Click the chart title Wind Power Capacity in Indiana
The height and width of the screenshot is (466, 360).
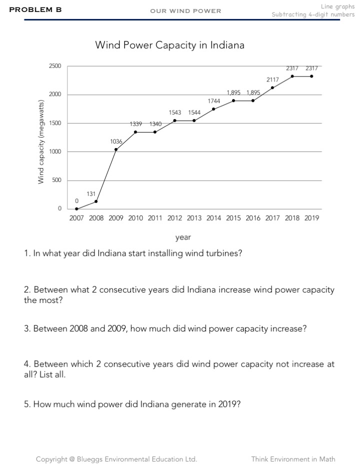coord(170,45)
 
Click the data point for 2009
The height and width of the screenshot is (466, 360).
coord(115,149)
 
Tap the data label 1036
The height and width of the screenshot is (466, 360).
coord(116,142)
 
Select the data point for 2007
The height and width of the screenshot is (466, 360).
coord(76,208)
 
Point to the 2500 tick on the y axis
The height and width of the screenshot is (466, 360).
coord(55,66)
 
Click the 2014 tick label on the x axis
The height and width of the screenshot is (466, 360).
coord(213,218)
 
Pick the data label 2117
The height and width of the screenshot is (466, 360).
coord(272,80)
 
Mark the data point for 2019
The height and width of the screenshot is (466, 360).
coord(311,76)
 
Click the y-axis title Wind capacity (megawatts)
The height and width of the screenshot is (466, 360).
coord(41,141)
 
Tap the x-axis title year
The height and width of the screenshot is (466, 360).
coord(183,237)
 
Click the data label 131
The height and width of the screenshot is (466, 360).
coord(91,193)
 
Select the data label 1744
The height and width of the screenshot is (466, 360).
coord(214,101)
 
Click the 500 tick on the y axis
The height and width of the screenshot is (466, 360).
coord(56,180)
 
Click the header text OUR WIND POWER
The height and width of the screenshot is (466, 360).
coord(185,11)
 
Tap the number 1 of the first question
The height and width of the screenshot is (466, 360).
coord(26,253)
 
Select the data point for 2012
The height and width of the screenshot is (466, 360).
coord(174,120)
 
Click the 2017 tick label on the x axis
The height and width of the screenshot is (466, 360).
coord(272,218)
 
